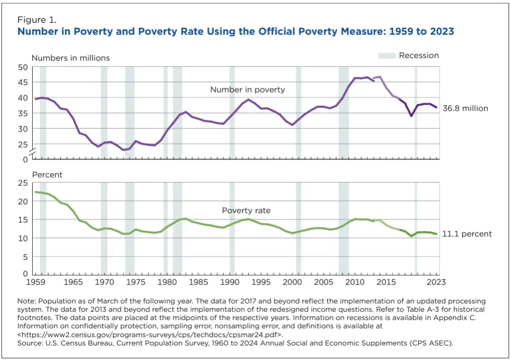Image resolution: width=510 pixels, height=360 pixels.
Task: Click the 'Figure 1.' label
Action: [37, 20]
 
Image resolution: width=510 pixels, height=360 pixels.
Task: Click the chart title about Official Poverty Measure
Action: [236, 32]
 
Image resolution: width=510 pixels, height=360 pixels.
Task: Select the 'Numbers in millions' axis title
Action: [71, 58]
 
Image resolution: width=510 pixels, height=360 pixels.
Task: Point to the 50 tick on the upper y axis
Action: [23, 67]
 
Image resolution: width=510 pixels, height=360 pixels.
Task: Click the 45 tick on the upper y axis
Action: [23, 82]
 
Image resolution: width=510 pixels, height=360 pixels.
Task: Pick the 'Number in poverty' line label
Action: [247, 90]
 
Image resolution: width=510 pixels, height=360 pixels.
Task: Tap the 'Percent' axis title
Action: [47, 175]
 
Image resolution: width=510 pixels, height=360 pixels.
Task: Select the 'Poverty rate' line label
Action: [246, 210]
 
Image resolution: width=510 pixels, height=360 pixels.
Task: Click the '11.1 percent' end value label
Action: [467, 234]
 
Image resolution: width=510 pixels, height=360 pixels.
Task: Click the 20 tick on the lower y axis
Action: [23, 201]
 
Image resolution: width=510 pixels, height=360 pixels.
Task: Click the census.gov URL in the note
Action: [150, 335]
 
